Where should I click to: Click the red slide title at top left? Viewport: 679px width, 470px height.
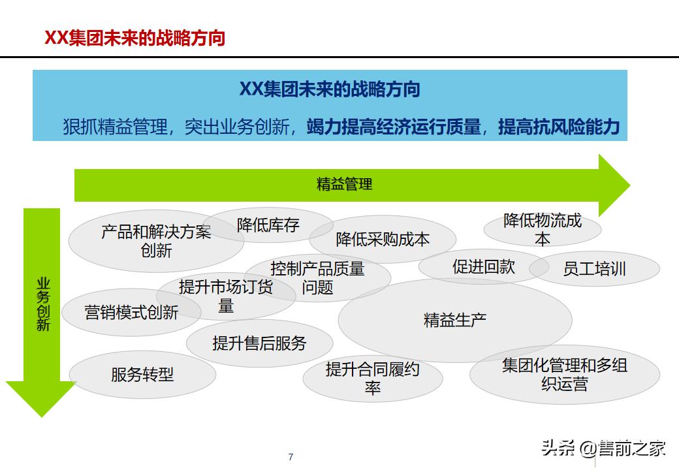point(134,38)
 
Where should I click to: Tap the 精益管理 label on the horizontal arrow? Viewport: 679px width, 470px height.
point(344,184)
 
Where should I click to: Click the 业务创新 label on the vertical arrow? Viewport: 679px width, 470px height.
point(43,304)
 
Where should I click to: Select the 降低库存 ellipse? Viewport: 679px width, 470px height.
point(268,226)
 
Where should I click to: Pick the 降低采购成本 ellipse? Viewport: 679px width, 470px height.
point(383,240)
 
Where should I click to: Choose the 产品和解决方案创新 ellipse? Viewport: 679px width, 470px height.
point(156,241)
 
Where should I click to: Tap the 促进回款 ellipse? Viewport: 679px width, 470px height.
point(483,266)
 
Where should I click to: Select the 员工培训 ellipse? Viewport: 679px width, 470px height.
point(594,269)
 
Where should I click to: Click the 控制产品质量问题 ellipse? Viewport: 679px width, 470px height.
point(318,277)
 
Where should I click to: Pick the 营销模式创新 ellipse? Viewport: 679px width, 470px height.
point(131,313)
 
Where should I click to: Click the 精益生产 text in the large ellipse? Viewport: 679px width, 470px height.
point(455,321)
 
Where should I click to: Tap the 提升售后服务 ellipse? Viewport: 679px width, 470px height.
point(259,343)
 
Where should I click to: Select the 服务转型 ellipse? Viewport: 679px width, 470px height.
point(142,375)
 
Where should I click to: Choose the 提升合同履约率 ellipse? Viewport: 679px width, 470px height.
point(372,379)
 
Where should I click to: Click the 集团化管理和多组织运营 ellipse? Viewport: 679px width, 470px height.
point(565,374)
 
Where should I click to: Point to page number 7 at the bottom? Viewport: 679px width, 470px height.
point(291,457)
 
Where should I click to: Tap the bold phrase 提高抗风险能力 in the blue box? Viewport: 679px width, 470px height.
point(558,127)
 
